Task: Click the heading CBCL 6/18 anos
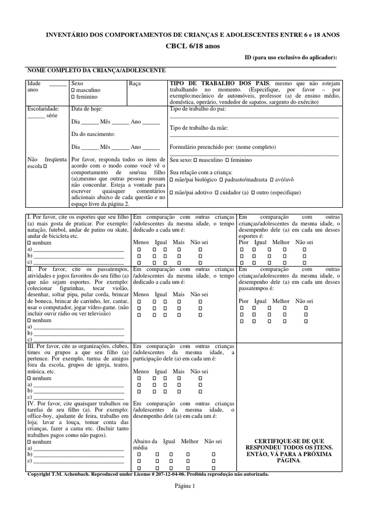pyautogui.click(x=192, y=46)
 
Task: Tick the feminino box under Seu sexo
pyautogui.click(x=227, y=160)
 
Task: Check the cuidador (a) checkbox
pyautogui.click(x=216, y=193)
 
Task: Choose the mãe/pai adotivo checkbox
pyautogui.click(x=172, y=193)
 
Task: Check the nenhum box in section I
pyautogui.click(x=29, y=243)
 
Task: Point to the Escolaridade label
pyautogui.click(x=43, y=109)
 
